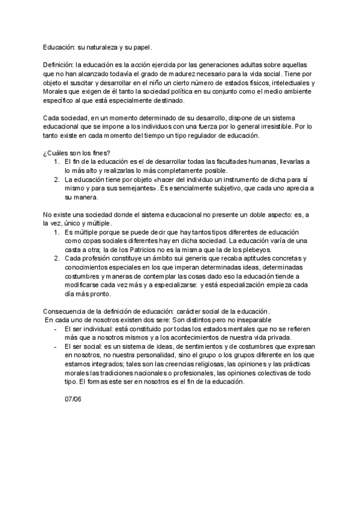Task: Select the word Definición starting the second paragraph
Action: pos(58,64)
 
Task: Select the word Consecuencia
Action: pos(67,311)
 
